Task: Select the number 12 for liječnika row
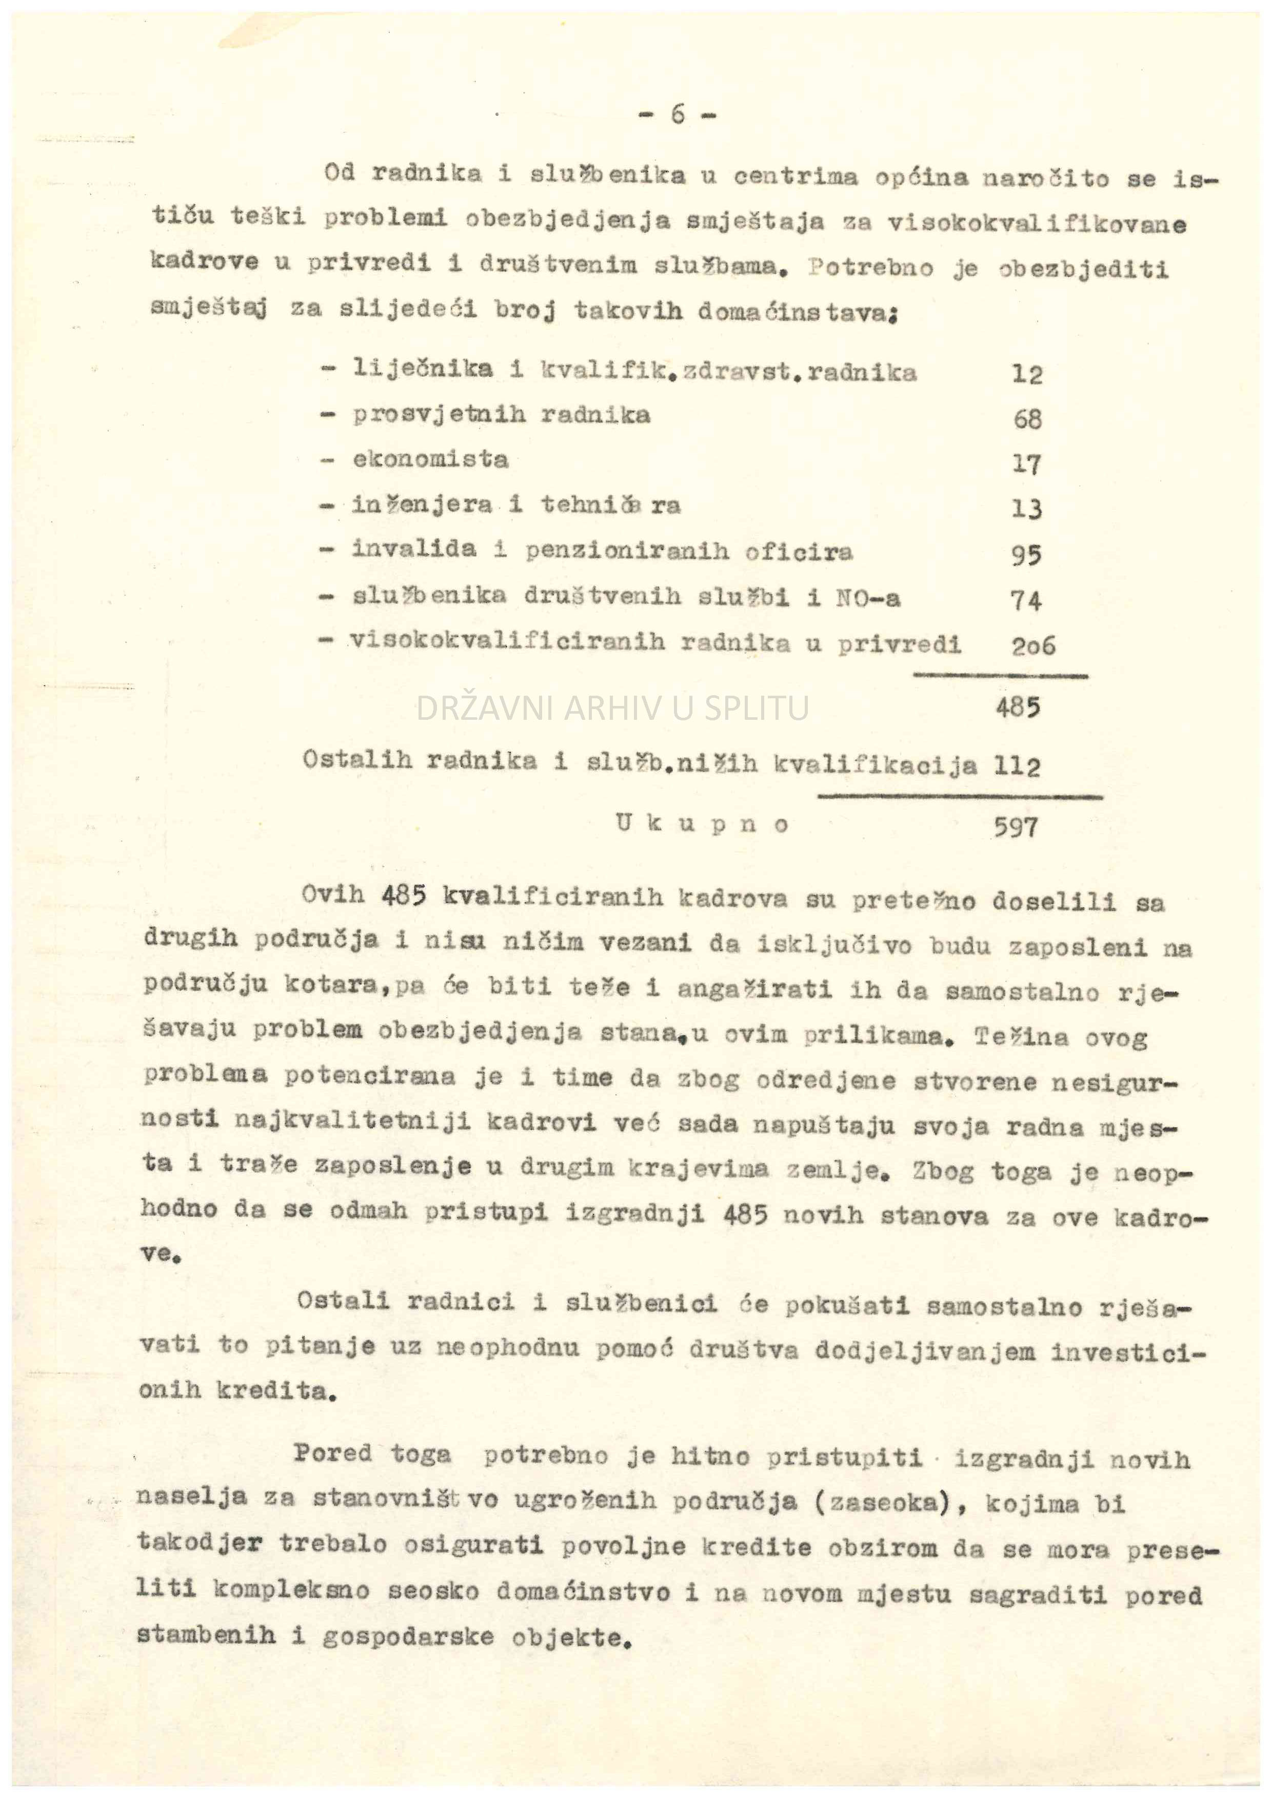1027,374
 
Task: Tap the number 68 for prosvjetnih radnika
1027,420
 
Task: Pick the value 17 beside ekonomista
1027,464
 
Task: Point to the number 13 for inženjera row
1027,510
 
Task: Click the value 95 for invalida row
1027,555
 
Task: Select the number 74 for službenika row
1027,601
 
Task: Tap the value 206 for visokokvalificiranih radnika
1033,645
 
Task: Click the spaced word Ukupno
702,824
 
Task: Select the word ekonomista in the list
430,459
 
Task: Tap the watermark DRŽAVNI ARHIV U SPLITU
612,708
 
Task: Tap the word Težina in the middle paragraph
1021,1038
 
